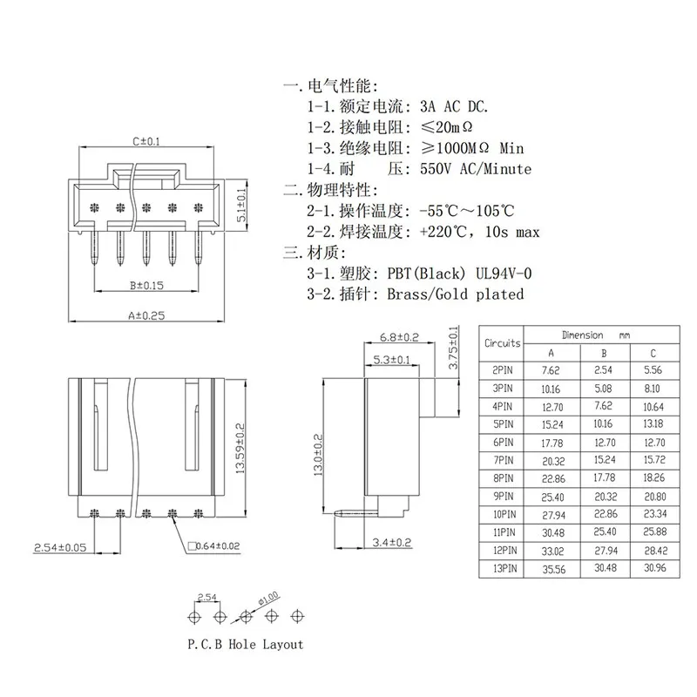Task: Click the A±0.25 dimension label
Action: click(x=147, y=317)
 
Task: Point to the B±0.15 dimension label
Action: click(x=143, y=284)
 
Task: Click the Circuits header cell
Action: click(x=503, y=343)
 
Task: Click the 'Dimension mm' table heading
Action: click(x=597, y=335)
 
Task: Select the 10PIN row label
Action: click(x=503, y=515)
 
